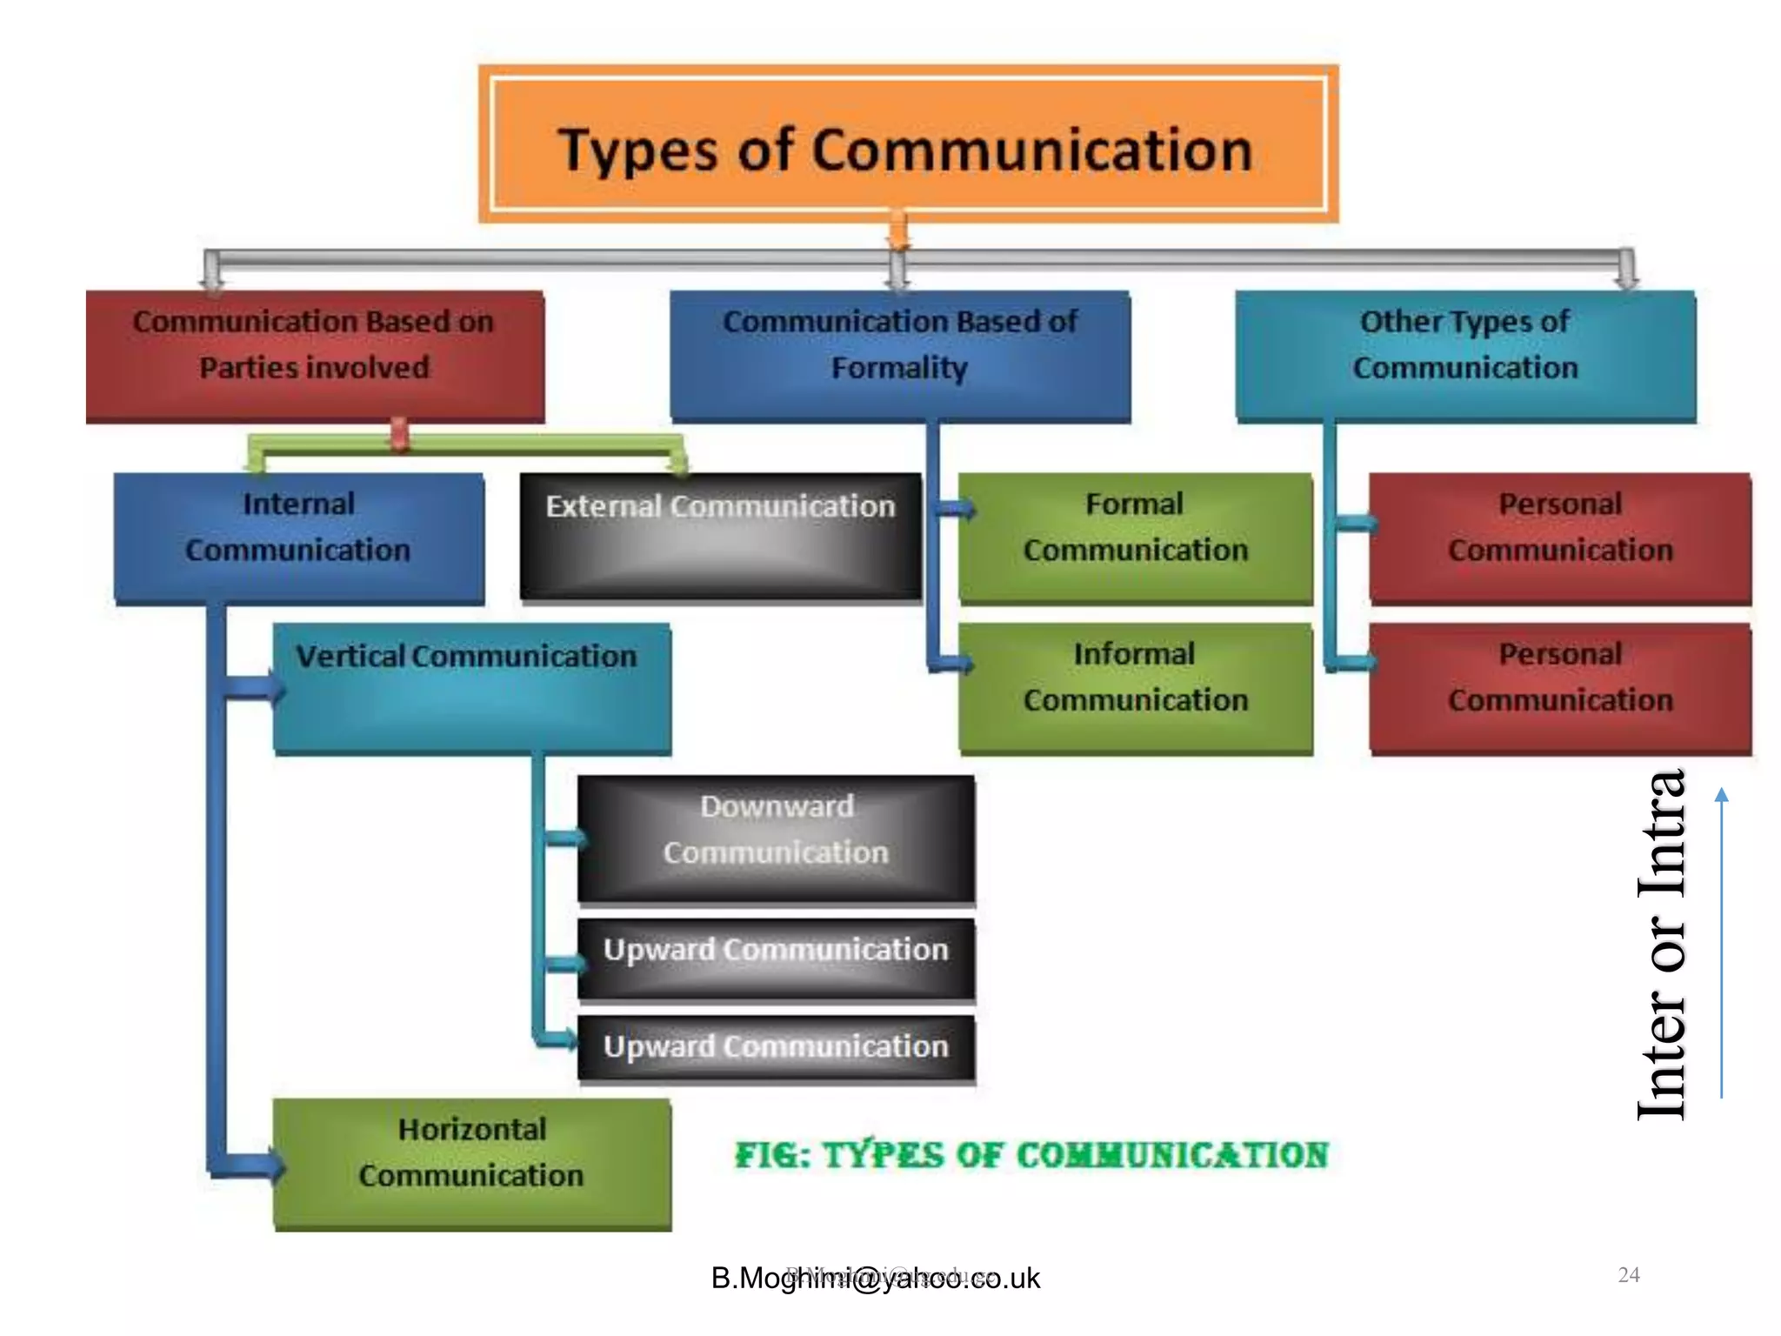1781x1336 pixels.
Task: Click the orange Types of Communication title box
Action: pyautogui.click(x=908, y=144)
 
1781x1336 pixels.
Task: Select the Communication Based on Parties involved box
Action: pyautogui.click(x=315, y=356)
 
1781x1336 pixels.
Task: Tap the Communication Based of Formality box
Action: pyautogui.click(x=900, y=356)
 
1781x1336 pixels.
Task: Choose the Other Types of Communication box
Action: pyautogui.click(x=1465, y=356)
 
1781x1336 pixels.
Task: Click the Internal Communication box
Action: pyautogui.click(x=298, y=538)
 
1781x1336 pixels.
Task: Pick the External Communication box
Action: pyautogui.click(x=720, y=536)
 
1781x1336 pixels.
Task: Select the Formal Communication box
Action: pyautogui.click(x=1135, y=538)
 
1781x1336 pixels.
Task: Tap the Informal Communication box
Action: pyautogui.click(x=1135, y=687)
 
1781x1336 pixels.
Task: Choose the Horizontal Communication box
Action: pyautogui.click(x=472, y=1163)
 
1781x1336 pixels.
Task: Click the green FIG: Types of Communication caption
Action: pyautogui.click(x=1031, y=1155)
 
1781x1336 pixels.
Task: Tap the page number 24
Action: pyautogui.click(x=1628, y=1275)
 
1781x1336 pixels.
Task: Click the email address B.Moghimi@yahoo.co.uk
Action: pyautogui.click(x=875, y=1278)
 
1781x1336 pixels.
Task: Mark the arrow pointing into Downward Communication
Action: pyautogui.click(x=566, y=838)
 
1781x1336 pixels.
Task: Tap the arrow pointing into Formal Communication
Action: pyautogui.click(x=957, y=510)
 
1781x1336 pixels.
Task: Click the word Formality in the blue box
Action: pyautogui.click(x=899, y=368)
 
